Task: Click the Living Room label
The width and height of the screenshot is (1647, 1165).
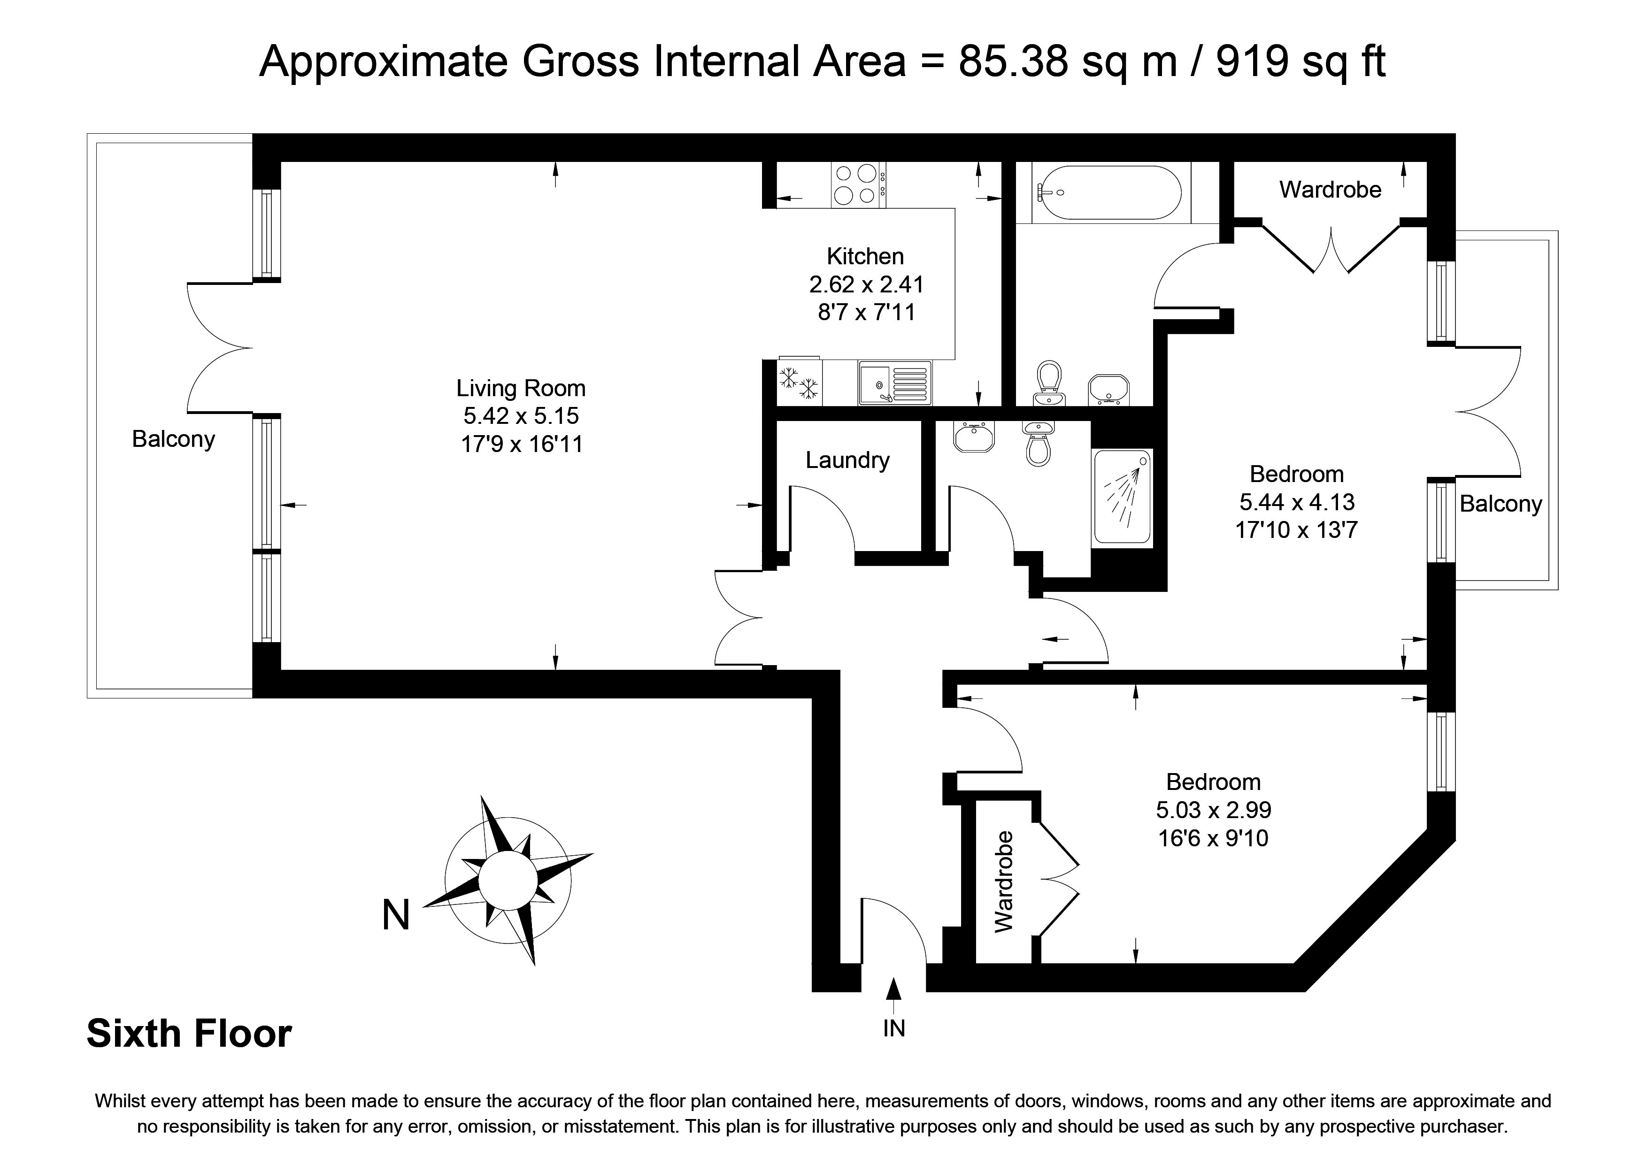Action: [x=521, y=388]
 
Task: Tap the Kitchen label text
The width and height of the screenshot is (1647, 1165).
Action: [x=865, y=256]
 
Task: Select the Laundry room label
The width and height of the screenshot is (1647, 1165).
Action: [x=847, y=460]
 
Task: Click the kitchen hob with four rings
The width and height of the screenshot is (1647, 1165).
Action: [x=858, y=184]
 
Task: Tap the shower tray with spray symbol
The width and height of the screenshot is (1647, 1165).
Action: [x=1123, y=497]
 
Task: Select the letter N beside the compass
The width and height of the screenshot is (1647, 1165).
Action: [x=396, y=915]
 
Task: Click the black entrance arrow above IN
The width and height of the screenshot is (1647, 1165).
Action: [x=894, y=988]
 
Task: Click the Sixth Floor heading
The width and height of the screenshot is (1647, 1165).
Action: [x=189, y=1034]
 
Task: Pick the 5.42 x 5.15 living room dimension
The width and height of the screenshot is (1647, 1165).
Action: [x=521, y=416]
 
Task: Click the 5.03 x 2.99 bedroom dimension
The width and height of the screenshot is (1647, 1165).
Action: [x=1214, y=810]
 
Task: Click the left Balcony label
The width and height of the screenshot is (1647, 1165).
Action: [x=174, y=439]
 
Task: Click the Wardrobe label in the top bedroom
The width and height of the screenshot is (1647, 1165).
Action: [x=1330, y=189]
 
